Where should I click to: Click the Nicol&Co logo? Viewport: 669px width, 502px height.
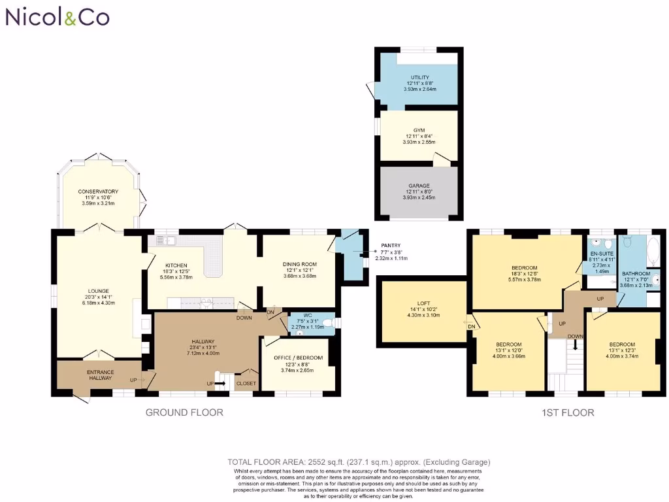coord(57,17)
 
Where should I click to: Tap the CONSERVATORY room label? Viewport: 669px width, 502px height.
coord(98,192)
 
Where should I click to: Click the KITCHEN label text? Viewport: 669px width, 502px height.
coord(176,265)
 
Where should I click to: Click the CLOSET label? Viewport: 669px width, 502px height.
coord(246,383)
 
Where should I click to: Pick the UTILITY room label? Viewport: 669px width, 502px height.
coord(420,78)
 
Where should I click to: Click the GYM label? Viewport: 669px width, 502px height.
coord(419,131)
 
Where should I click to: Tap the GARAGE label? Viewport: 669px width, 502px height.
coord(419,186)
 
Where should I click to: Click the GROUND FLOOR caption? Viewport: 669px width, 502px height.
coord(184,412)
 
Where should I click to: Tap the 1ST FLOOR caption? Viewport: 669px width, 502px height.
coord(568,412)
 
